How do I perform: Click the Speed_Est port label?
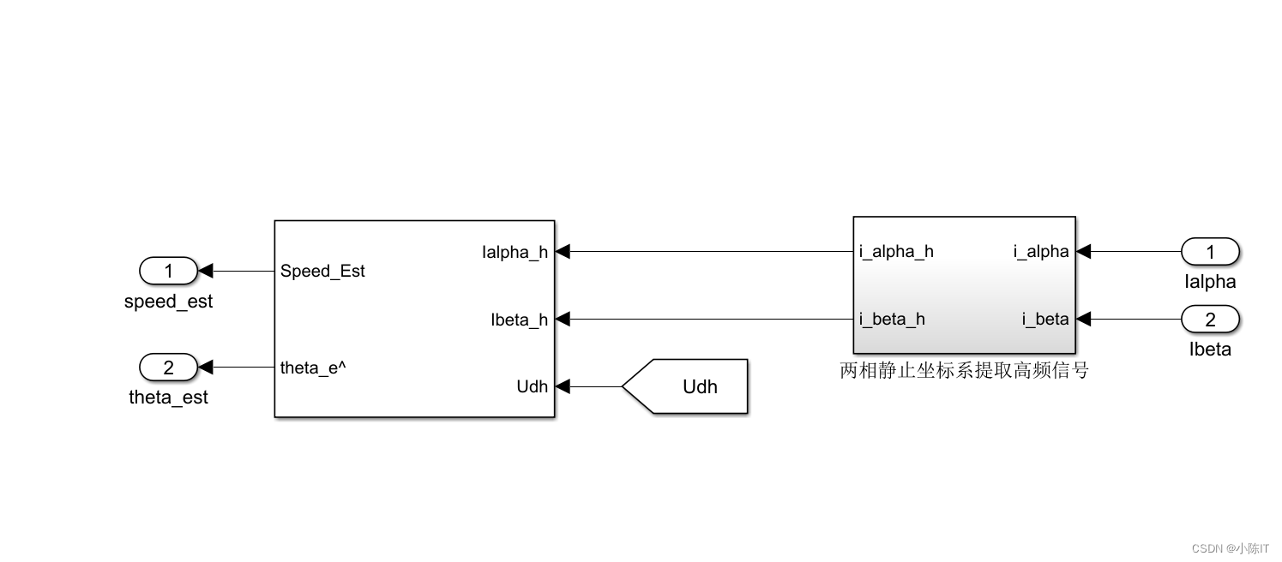(x=322, y=272)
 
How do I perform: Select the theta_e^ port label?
(x=313, y=368)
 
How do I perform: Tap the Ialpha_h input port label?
(x=515, y=252)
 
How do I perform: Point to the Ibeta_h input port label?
(x=519, y=320)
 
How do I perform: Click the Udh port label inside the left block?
(x=532, y=386)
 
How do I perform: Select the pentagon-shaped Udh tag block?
(x=686, y=386)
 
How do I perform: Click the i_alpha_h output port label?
(x=896, y=252)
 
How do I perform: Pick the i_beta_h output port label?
(x=892, y=320)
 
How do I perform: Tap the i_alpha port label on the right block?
(x=1041, y=252)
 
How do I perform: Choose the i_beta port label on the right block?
(x=1045, y=320)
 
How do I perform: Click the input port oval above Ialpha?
(x=1210, y=252)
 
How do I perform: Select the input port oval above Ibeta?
(x=1210, y=320)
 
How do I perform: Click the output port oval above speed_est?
(x=168, y=272)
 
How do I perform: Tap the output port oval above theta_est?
(x=168, y=368)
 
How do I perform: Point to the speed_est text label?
(x=168, y=302)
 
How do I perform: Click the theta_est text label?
(x=168, y=398)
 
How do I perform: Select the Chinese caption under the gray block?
(x=964, y=371)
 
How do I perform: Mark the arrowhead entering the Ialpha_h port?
(x=563, y=252)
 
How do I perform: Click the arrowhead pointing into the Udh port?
(x=563, y=386)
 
